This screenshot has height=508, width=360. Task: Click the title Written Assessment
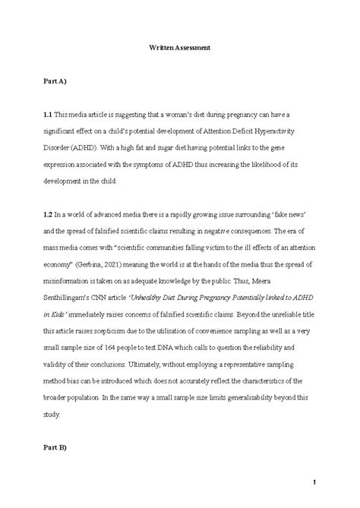(179, 48)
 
